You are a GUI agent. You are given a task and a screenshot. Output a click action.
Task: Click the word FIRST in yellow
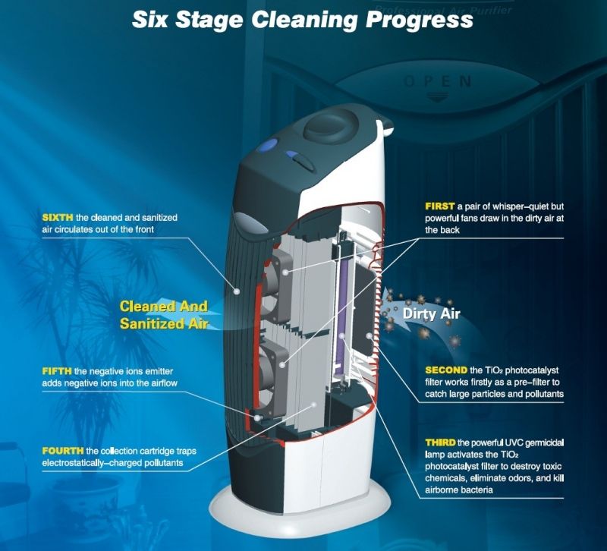440,206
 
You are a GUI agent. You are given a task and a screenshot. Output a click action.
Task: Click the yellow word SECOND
446,370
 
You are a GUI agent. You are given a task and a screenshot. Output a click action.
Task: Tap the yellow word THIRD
440,442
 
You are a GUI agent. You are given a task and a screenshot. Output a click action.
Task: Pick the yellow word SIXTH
58,217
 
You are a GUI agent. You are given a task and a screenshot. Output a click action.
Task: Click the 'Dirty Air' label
431,313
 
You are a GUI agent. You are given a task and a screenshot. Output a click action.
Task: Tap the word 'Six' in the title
149,20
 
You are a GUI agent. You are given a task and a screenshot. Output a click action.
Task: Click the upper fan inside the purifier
277,280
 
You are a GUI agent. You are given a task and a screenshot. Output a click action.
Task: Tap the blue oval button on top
269,145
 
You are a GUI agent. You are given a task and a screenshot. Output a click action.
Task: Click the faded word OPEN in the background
438,82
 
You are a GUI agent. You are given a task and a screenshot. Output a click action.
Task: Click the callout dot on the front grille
237,291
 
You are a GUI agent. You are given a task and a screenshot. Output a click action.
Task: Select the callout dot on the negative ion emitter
256,417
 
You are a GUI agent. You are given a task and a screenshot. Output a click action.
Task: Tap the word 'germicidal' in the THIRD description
545,442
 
